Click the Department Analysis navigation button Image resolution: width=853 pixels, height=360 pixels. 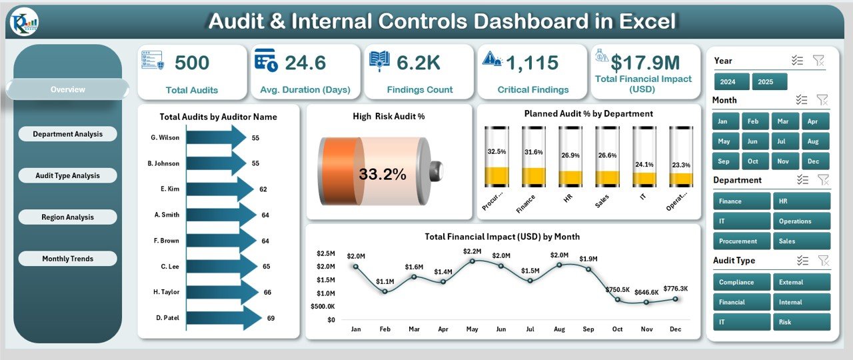[68, 134]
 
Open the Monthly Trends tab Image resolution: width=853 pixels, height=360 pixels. [68, 259]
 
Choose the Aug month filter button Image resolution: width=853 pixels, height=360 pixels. [812, 141]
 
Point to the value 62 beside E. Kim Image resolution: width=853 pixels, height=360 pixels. [263, 189]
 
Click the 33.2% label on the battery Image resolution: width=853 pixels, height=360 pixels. [382, 175]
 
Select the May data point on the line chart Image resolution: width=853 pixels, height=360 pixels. [472, 261]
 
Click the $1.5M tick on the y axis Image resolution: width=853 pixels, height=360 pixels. [326, 280]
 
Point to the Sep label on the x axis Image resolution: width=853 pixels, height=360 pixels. [588, 329]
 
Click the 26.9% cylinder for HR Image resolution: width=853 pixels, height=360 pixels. [570, 157]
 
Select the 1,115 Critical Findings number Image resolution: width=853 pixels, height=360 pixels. [532, 63]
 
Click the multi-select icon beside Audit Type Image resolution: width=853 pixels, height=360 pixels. [802, 261]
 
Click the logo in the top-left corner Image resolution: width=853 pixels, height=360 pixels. [25, 23]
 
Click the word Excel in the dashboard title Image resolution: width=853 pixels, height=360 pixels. [646, 21]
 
